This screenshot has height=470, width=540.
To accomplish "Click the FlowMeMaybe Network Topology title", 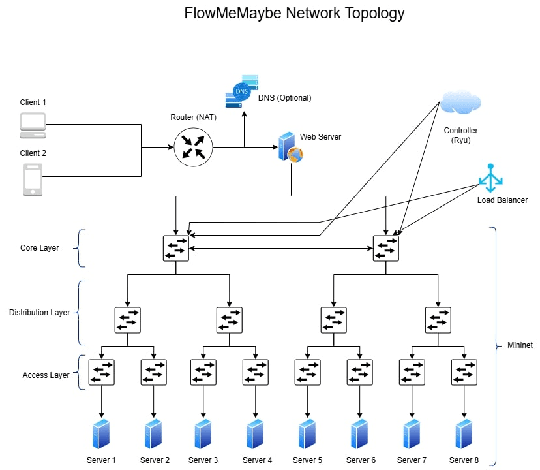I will click(x=294, y=13).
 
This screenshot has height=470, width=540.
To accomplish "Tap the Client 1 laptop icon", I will click(x=33, y=125).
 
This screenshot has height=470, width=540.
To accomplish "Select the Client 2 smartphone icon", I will click(x=33, y=180).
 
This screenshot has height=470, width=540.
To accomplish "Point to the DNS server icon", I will click(x=241, y=92).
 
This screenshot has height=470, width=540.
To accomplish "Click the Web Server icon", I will click(x=290, y=148).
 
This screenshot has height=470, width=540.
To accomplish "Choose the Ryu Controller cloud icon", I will click(x=460, y=103).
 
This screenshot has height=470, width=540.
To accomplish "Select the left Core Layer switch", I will click(x=176, y=248).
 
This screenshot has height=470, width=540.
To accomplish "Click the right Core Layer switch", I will click(x=386, y=248).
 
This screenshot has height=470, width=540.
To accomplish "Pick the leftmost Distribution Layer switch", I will click(x=128, y=320).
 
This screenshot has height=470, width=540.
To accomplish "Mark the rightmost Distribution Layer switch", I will click(x=438, y=320).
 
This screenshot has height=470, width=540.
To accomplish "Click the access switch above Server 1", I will click(x=102, y=372).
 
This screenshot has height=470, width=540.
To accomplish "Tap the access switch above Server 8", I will click(x=464, y=372).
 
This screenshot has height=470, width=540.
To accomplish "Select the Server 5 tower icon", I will click(x=307, y=434).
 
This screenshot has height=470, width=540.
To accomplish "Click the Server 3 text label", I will click(x=203, y=460).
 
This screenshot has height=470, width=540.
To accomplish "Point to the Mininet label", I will click(x=520, y=345).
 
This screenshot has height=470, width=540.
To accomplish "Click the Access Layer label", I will click(x=46, y=375).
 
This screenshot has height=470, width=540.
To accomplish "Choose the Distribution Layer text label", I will click(x=39, y=313).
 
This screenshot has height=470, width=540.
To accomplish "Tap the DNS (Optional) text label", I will click(x=285, y=98).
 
